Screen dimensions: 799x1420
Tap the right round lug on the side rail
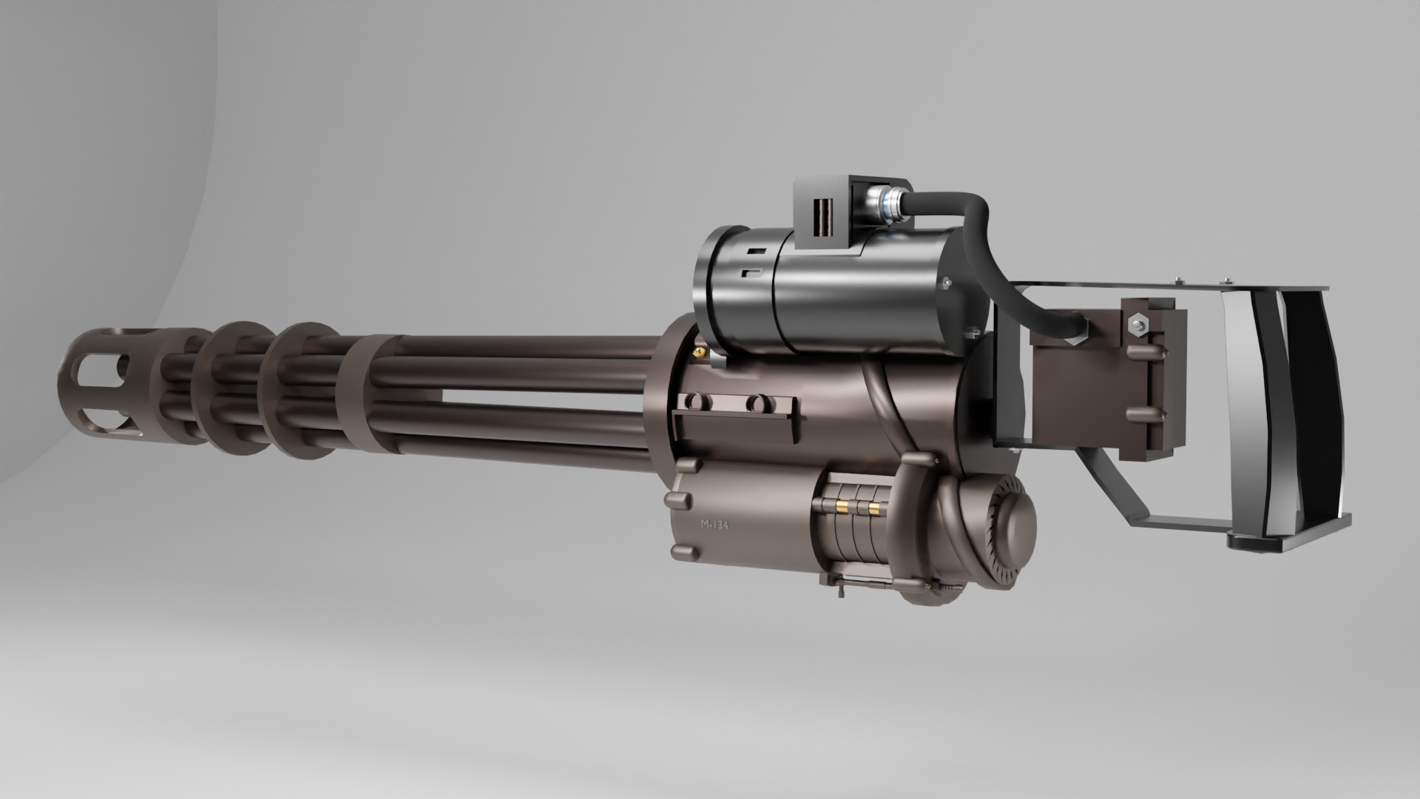[754, 403]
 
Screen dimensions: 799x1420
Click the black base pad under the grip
[1287, 542]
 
